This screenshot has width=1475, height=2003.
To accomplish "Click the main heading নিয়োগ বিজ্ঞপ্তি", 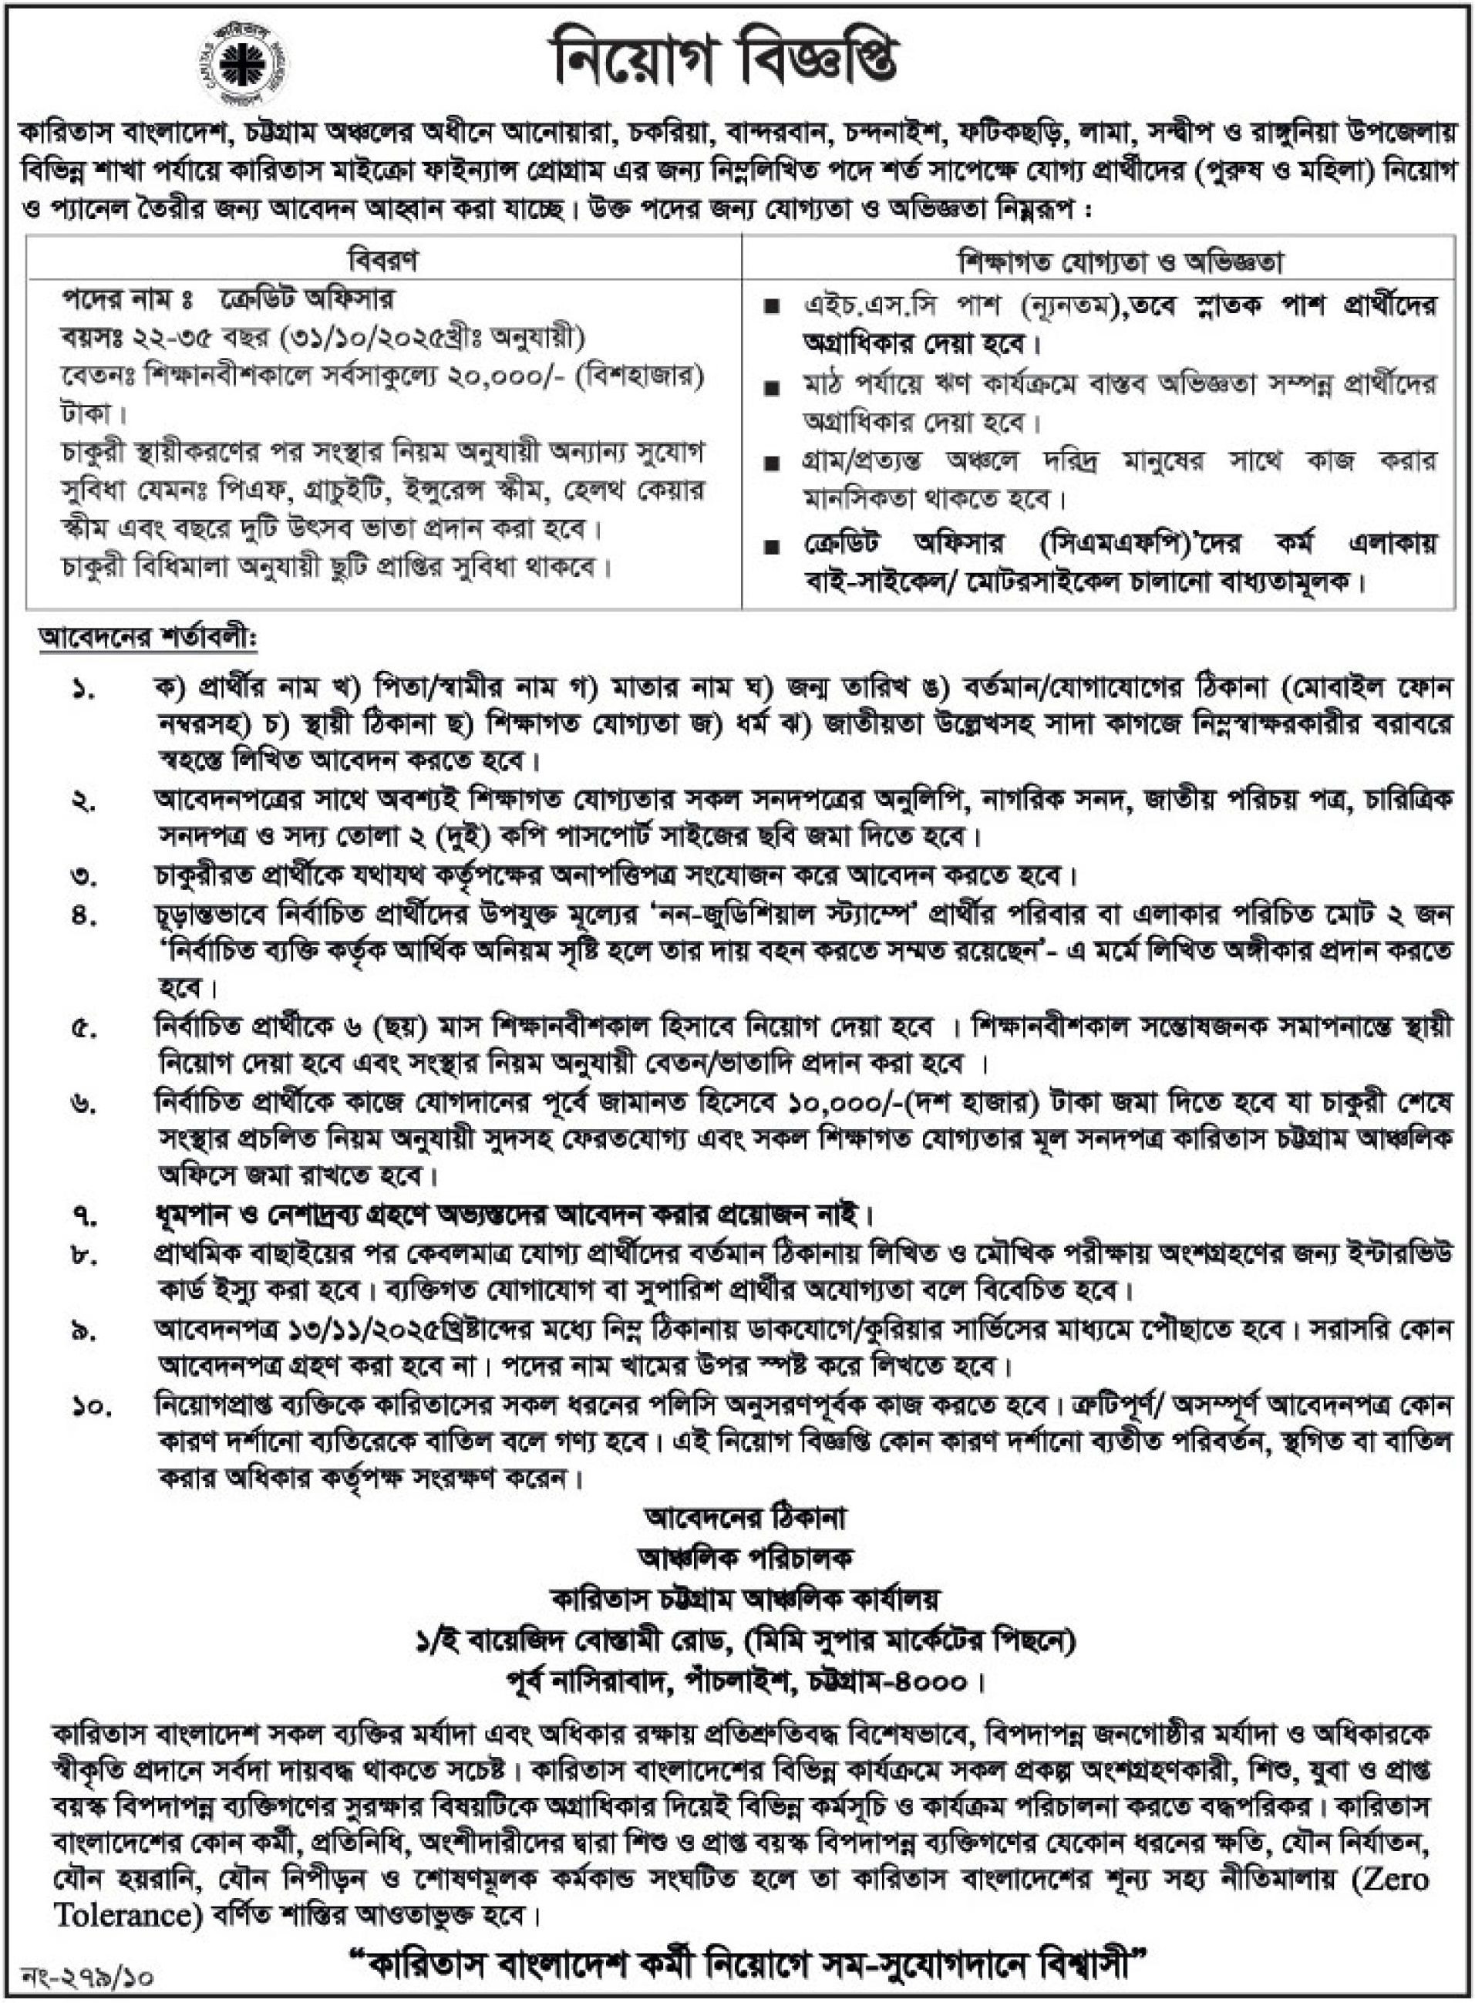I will click(725, 62).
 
